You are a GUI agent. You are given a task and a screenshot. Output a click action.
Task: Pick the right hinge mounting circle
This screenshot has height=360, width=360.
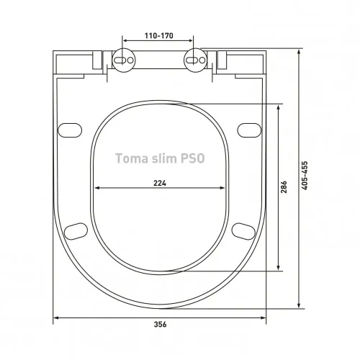(195, 61)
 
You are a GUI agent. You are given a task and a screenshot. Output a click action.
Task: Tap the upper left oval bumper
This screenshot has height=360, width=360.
(70, 130)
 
